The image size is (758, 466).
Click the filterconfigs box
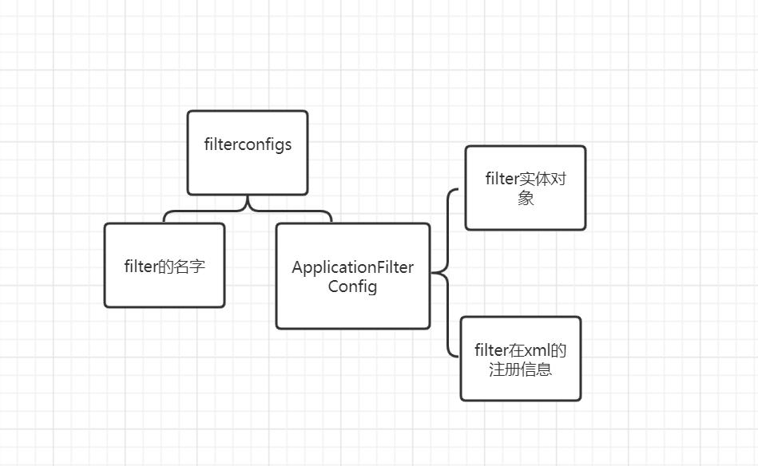click(x=248, y=152)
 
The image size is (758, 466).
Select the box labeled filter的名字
click(x=165, y=265)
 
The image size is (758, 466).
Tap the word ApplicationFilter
click(x=353, y=267)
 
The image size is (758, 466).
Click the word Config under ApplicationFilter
click(x=352, y=286)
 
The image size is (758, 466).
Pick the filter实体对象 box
click(x=526, y=188)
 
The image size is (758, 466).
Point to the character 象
click(x=526, y=198)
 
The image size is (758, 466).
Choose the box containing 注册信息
click(x=521, y=359)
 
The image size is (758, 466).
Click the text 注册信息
click(x=520, y=369)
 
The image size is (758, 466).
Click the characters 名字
click(x=189, y=266)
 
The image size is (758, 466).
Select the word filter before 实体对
click(x=502, y=179)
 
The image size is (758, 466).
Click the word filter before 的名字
click(x=141, y=266)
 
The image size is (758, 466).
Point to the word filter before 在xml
click(x=490, y=350)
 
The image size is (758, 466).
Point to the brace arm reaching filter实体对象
click(x=450, y=203)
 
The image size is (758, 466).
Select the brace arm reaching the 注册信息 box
click(x=450, y=338)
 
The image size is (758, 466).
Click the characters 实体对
click(x=542, y=179)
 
